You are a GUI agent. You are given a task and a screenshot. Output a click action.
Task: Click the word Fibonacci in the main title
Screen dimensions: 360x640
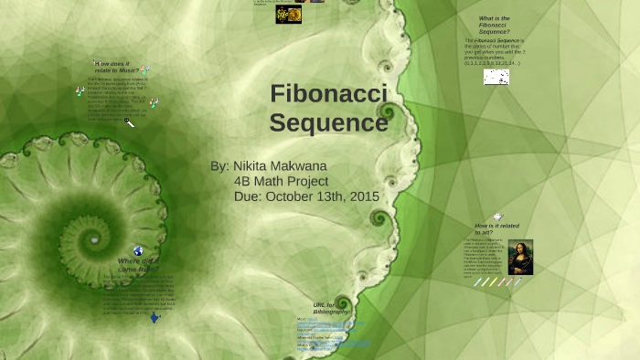coord(328,94)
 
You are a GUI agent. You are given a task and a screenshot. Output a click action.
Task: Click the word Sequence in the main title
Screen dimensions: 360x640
coord(328,122)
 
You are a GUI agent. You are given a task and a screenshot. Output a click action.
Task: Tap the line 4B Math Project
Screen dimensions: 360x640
coord(281,181)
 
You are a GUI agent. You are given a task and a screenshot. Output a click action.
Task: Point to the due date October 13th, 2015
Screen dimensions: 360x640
coord(306,196)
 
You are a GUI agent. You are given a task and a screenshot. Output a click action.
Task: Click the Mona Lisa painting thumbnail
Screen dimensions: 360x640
coord(520,257)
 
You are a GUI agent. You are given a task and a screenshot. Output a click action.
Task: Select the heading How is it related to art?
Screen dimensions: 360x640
coord(496,229)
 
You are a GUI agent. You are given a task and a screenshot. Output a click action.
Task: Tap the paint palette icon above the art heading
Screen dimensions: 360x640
coord(497,217)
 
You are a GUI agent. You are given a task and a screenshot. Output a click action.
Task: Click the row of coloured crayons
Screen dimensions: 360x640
coord(497,282)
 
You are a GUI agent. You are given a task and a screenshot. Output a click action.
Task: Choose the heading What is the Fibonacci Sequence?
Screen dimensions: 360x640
coord(494,25)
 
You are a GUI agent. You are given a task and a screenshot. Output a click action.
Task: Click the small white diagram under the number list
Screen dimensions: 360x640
coord(496,78)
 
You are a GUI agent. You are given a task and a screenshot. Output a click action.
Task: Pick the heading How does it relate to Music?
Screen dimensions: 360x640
coord(115,67)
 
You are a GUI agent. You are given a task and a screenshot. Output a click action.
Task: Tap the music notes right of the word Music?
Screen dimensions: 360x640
coord(144,70)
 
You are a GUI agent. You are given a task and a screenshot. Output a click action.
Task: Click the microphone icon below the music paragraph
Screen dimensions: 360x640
coord(130,122)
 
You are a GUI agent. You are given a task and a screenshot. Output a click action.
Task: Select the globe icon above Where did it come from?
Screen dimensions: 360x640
coord(138,250)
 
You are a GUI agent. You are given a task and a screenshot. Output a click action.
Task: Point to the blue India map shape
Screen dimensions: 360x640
coord(155,318)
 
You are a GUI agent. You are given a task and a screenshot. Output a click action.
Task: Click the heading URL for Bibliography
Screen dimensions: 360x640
coord(331,308)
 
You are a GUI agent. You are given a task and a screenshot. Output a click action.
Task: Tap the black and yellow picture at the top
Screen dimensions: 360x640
coord(289,15)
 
